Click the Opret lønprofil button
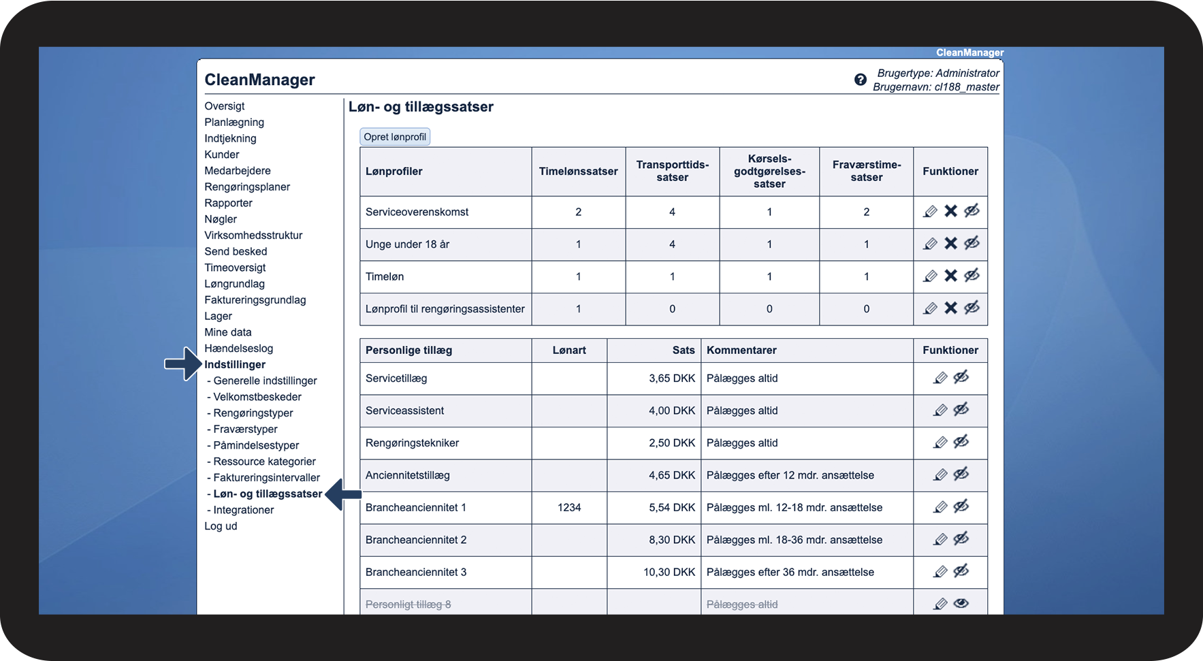point(395,137)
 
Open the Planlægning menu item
point(234,123)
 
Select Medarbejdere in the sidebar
point(238,171)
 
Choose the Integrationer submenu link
point(243,510)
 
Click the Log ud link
point(221,526)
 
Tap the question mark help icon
point(861,80)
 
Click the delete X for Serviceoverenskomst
point(950,211)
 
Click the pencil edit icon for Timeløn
point(930,276)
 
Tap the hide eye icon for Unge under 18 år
point(972,243)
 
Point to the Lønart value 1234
point(569,508)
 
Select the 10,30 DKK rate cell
point(669,573)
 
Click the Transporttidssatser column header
point(672,171)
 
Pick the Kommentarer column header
point(741,351)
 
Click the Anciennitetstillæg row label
point(408,475)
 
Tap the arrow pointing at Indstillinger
point(182,364)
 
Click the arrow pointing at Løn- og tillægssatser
point(343,494)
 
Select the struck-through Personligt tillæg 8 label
point(408,604)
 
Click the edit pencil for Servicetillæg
point(940,378)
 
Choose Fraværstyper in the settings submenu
point(245,430)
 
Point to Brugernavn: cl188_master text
point(935,87)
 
